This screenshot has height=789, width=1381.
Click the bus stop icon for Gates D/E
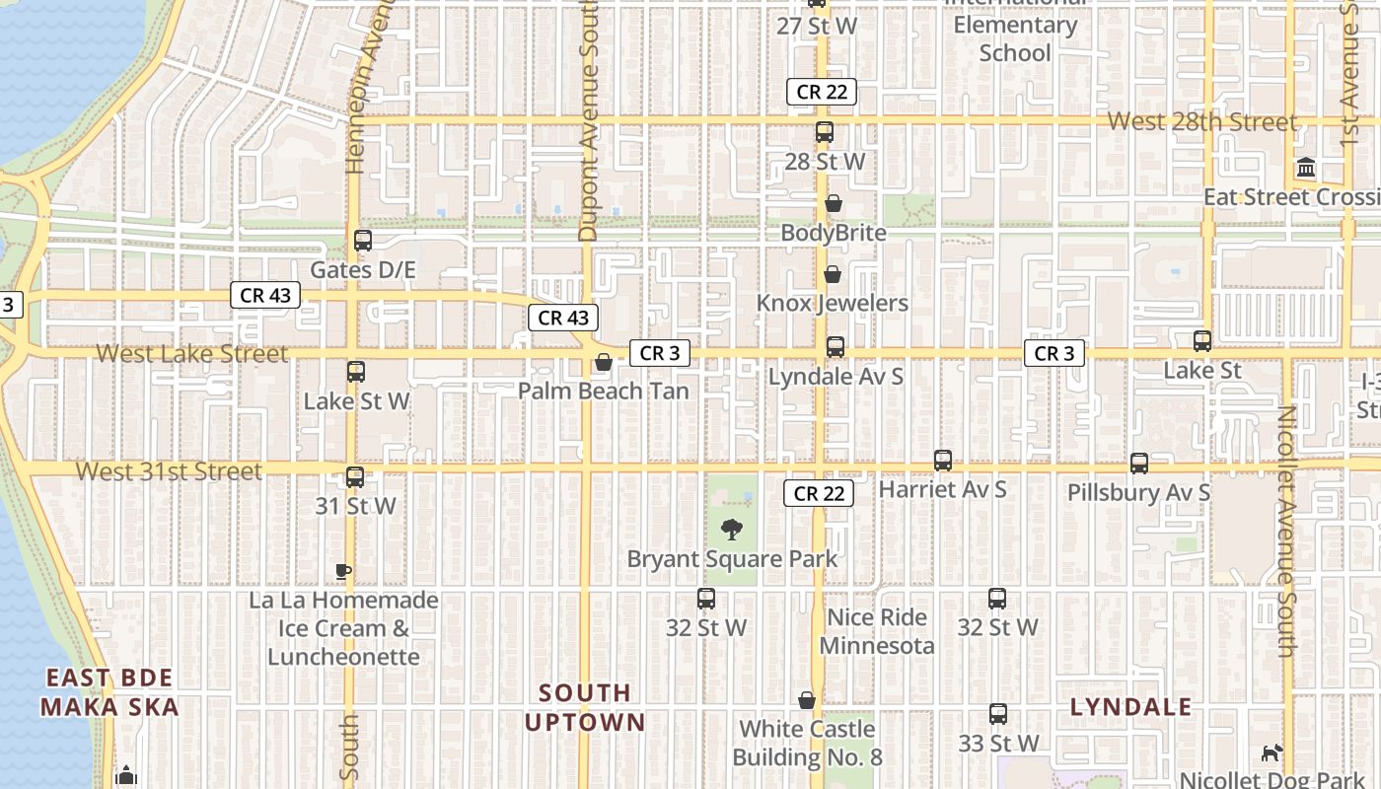(362, 241)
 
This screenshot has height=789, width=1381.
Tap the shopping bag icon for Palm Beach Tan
(603, 363)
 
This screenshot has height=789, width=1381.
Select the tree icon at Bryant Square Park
(731, 530)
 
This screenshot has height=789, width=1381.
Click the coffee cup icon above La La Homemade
(342, 571)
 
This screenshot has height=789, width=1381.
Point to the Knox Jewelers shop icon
(832, 274)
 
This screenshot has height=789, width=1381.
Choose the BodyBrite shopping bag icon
(834, 203)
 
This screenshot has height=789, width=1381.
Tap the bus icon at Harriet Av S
(942, 461)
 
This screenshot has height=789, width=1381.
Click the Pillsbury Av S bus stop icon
(1139, 464)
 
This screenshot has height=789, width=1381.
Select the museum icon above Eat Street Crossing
(1307, 168)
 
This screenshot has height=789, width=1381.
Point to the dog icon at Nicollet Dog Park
(1272, 753)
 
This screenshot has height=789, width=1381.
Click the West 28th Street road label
(1201, 122)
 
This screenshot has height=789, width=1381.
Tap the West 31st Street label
(169, 471)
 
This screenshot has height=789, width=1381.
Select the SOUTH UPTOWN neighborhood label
(585, 707)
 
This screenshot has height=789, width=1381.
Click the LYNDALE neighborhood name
(1130, 707)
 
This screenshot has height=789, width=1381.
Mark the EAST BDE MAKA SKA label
(109, 692)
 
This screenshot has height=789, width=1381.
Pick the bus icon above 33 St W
(998, 714)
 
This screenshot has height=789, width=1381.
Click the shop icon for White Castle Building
(807, 700)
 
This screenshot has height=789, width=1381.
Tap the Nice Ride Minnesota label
(876, 631)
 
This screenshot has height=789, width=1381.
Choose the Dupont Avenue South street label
(589, 121)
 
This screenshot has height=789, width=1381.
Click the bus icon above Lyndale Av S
(836, 347)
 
